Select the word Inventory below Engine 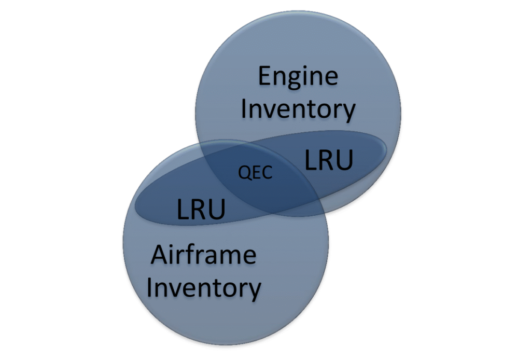(298, 109)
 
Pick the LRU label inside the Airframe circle (201, 210)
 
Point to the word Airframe (203, 255)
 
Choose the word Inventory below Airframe (203, 287)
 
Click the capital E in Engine (264, 77)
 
